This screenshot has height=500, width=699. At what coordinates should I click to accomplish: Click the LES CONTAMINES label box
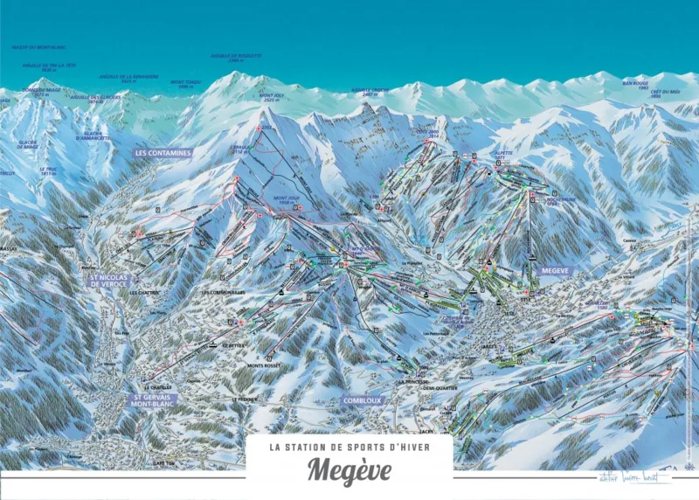163,152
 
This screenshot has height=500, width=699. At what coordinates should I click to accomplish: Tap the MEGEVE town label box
555,272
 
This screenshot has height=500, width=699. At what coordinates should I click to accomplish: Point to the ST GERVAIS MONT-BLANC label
153,400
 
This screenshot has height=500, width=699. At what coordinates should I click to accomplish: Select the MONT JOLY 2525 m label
275,96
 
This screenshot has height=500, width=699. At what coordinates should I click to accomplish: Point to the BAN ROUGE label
635,83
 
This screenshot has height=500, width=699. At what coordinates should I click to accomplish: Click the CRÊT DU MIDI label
670,92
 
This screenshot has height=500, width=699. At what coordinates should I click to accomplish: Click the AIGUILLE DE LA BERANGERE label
128,78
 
